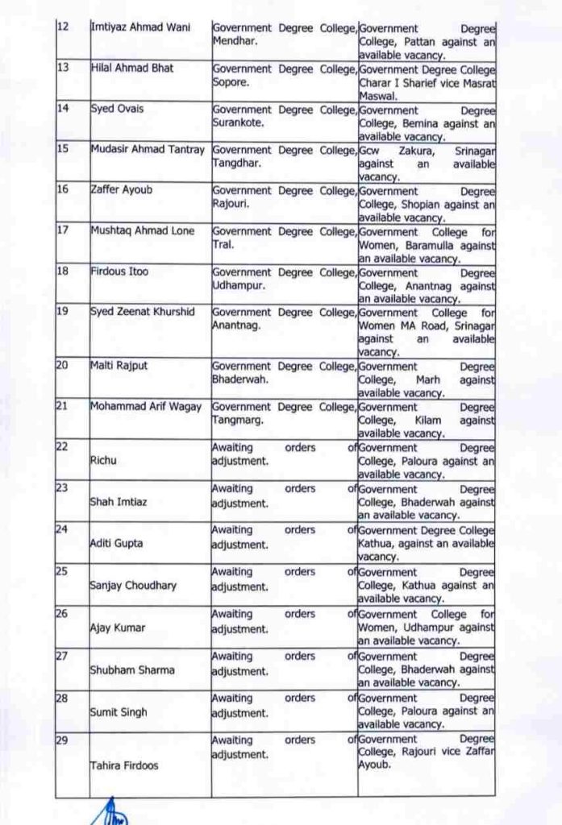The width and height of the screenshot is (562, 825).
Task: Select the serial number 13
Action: [62, 68]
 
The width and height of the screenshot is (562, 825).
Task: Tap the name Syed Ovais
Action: [117, 110]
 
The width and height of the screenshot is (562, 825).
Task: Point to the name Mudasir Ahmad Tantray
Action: [148, 149]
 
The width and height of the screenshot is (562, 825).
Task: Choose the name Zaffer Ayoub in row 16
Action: [123, 191]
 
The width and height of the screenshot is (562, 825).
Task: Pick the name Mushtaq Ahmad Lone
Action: [143, 231]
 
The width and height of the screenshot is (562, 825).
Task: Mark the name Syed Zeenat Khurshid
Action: [143, 312]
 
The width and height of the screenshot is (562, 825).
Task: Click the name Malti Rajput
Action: [119, 366]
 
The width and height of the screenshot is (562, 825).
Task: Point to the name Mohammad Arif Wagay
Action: [146, 406]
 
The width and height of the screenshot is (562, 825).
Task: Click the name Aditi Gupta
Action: [117, 544]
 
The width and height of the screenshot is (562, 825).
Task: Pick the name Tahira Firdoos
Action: [123, 765]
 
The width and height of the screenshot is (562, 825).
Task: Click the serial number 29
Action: [62, 739]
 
